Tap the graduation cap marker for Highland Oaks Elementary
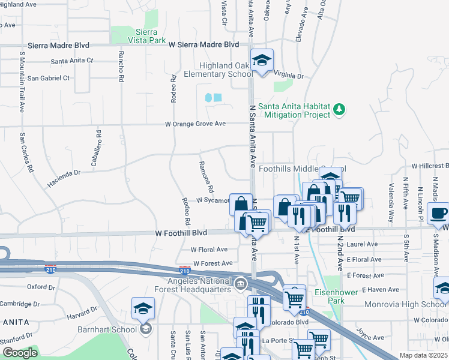tap(262, 60)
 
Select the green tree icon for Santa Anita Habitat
tap(340, 109)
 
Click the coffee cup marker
tap(438, 213)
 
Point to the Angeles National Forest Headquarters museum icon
tap(240, 283)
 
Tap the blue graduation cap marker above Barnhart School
tap(143, 308)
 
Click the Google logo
tap(20, 353)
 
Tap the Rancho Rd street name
tap(121, 66)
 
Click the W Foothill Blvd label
tap(181, 232)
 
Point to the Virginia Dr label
tap(289, 77)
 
